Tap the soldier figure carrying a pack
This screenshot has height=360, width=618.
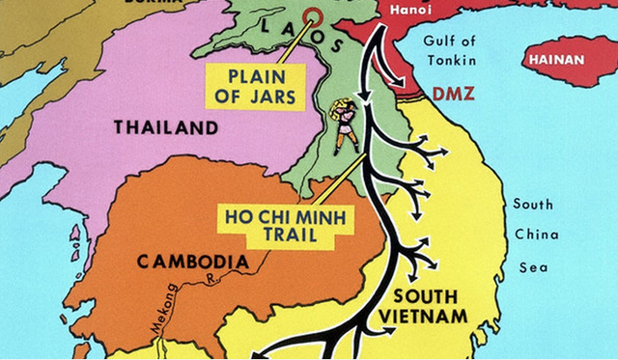[343, 125]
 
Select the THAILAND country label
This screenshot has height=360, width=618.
[166, 127]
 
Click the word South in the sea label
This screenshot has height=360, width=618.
[533, 204]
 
